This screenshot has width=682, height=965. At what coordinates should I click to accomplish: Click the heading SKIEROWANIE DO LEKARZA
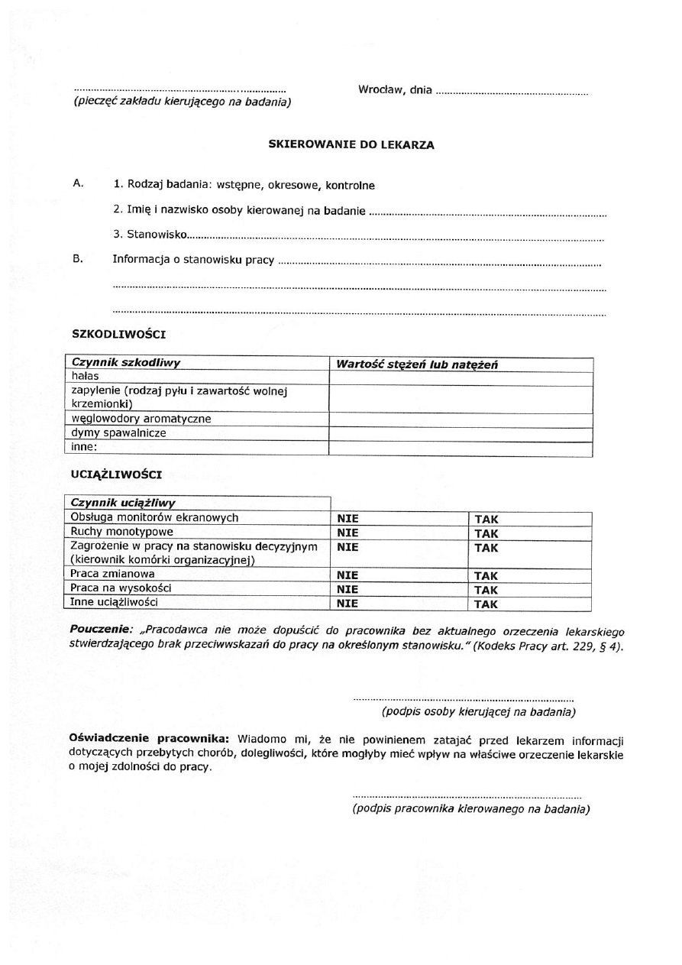tap(351, 145)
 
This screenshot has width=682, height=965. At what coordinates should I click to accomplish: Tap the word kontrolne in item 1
tap(350, 186)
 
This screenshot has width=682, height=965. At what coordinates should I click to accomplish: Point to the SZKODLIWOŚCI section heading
tap(118, 334)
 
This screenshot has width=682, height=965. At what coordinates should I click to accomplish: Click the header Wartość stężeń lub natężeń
tap(417, 364)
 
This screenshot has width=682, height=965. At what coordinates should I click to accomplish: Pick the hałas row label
tap(85, 377)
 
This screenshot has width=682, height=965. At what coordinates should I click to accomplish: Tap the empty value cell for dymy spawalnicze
tap(461, 434)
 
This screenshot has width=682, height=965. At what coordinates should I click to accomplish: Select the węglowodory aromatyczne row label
tap(141, 419)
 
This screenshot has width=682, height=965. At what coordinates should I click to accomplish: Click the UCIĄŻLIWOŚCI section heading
tap(116, 474)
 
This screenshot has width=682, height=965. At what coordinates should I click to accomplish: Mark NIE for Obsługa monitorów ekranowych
tap(348, 519)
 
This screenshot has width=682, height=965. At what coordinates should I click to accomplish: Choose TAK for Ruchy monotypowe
tap(486, 533)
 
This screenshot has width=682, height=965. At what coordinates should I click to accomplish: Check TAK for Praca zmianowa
tap(486, 575)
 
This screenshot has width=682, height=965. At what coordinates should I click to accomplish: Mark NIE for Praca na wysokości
tap(348, 590)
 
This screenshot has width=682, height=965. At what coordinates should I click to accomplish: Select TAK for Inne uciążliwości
tap(486, 604)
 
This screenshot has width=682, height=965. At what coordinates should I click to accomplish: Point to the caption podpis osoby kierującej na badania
tap(478, 712)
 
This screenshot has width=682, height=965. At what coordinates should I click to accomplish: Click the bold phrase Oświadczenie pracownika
tap(149, 740)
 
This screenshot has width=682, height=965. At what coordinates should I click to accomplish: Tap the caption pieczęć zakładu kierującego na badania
tap(182, 102)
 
